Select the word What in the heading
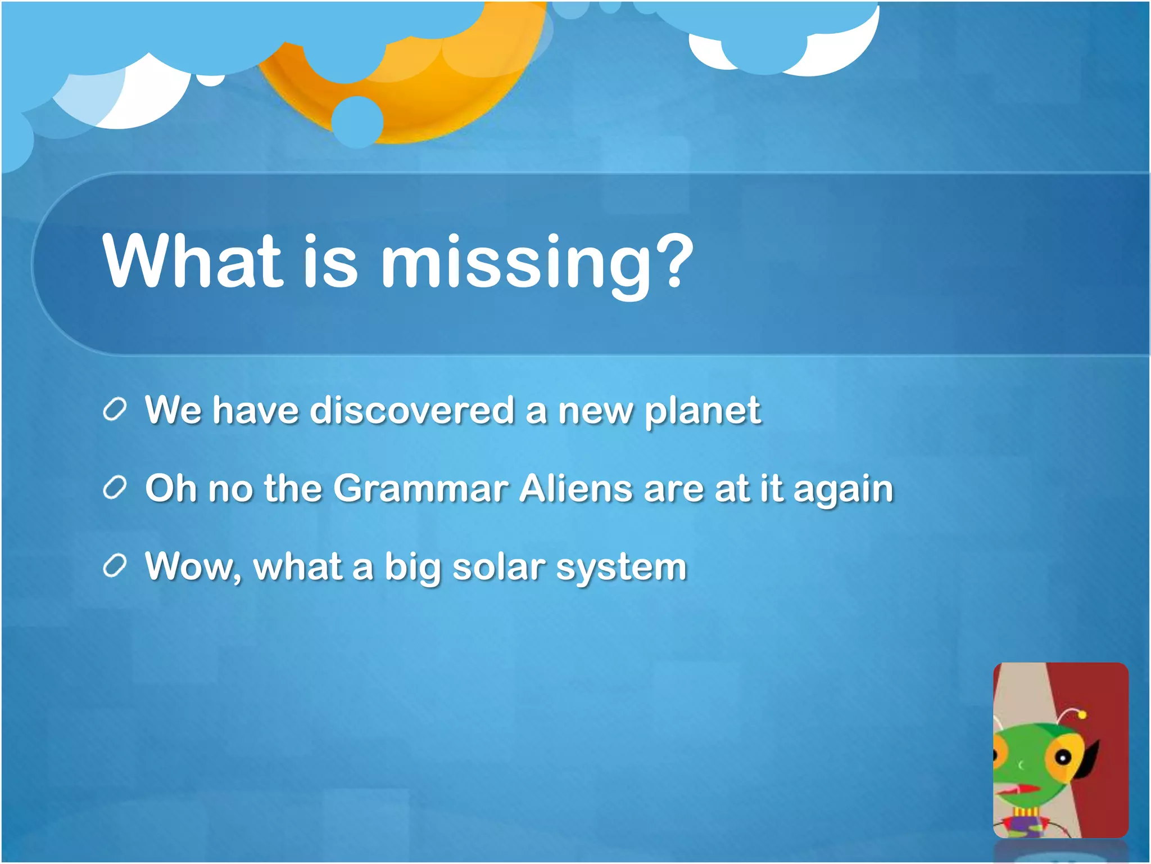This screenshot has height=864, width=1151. [x=191, y=262]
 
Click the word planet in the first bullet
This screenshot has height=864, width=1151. [x=703, y=411]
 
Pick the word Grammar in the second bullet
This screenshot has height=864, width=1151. [x=421, y=488]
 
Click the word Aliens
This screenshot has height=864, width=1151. [x=576, y=488]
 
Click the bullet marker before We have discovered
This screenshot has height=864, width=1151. [x=115, y=409]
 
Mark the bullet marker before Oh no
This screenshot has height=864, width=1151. [x=115, y=488]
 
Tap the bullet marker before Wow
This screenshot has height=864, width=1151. [x=115, y=566]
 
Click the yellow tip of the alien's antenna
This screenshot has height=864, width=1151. [x=1082, y=715]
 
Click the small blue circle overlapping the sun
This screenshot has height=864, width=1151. [x=357, y=122]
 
